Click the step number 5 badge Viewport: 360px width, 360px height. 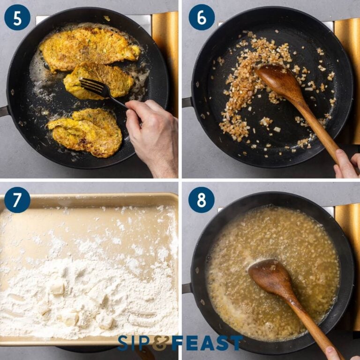[x=17, y=17]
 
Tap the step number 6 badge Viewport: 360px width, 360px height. [x=201, y=17]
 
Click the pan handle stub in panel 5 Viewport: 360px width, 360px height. [x=4, y=112]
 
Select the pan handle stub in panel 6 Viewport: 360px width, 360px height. [x=187, y=102]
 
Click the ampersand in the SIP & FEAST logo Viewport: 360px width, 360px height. [x=160, y=343]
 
